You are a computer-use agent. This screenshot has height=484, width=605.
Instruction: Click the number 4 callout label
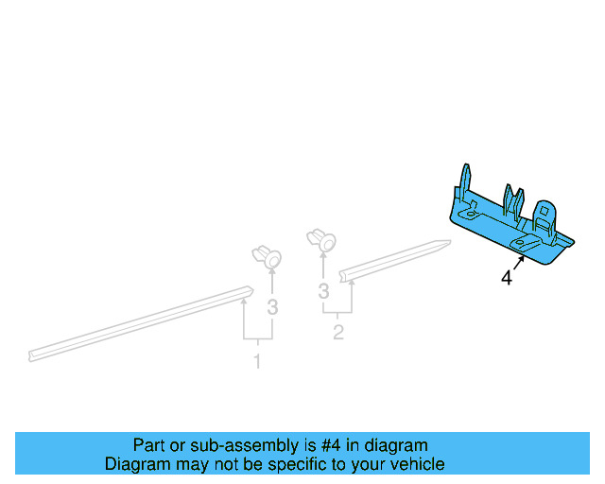pyautogui.click(x=507, y=279)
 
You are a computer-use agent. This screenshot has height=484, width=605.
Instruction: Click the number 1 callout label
pyautogui.click(x=256, y=361)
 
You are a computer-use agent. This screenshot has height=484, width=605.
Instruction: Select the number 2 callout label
pyautogui.click(x=337, y=333)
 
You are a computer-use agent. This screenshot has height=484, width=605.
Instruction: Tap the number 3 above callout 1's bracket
pyautogui.click(x=272, y=306)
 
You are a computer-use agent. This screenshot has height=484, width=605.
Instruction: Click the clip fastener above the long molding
pyautogui.click(x=268, y=256)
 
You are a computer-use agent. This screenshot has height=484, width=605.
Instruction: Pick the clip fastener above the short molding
pyautogui.click(x=322, y=240)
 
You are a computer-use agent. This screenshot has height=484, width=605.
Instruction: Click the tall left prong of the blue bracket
pyautogui.click(x=464, y=181)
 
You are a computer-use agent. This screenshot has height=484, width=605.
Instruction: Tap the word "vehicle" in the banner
pyautogui.click(x=417, y=464)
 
